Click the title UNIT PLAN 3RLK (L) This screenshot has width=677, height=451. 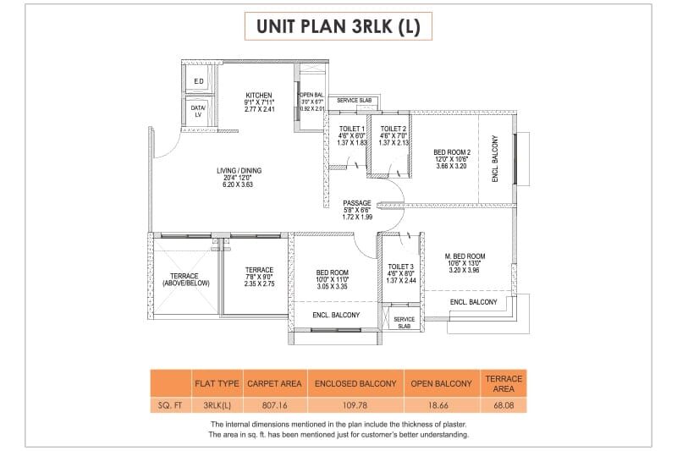coord(338,26)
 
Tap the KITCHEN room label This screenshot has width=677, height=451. coord(258,95)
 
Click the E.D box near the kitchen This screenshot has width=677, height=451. coord(199,82)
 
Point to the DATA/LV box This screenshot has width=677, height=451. coord(199,112)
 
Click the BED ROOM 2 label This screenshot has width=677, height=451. coord(452,152)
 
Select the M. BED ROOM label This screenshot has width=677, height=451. coord(465,256)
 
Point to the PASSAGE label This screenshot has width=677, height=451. coord(357,203)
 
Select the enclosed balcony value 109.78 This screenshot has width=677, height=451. coord(355,406)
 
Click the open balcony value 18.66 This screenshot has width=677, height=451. coord(441,406)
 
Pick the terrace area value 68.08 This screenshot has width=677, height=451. coord(504,406)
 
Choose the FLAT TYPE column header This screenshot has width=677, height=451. coord(217,383)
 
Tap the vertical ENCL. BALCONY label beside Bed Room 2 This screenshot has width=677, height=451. coord(496,159)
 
